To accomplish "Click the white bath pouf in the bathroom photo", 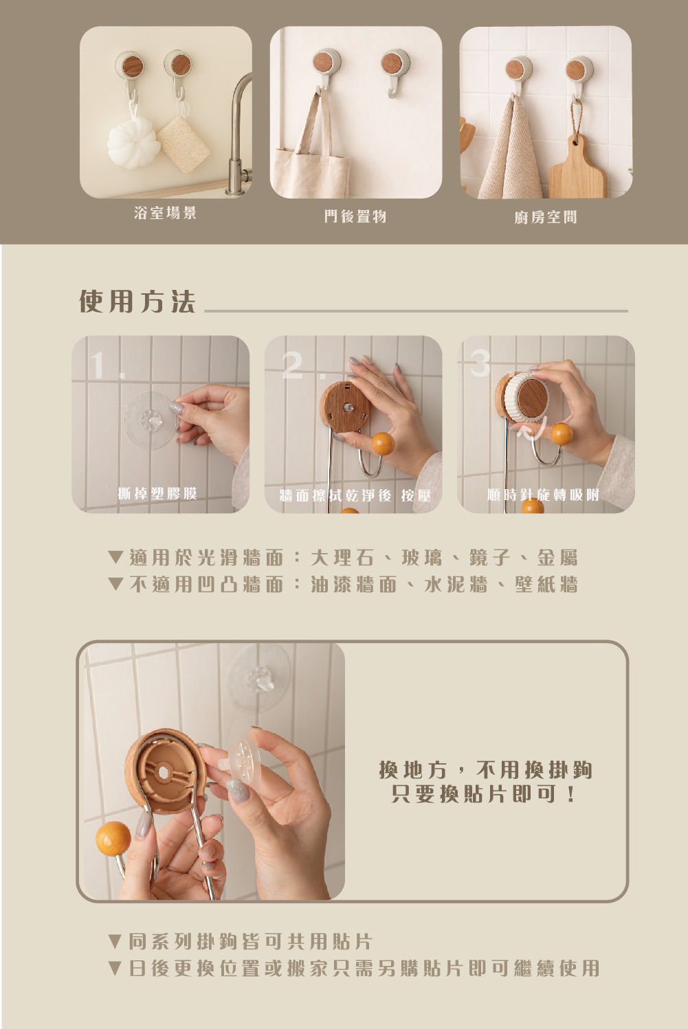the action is point(133,142).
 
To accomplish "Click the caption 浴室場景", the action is point(166,213).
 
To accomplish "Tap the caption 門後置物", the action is point(355,216).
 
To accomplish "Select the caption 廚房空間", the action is point(546,217).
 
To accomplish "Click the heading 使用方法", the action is point(137,302).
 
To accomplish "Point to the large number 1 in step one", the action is point(98,365).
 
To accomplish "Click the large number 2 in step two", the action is point(293,365).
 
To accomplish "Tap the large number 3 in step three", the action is point(480,363).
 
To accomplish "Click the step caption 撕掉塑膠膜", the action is point(157,493).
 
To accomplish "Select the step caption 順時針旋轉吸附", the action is point(543,495).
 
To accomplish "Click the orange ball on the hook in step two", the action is point(383,443).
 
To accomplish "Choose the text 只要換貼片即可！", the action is point(483,793).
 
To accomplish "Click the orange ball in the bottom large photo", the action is point(113,838).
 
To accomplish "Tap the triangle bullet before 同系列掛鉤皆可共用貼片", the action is point(115,941).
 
